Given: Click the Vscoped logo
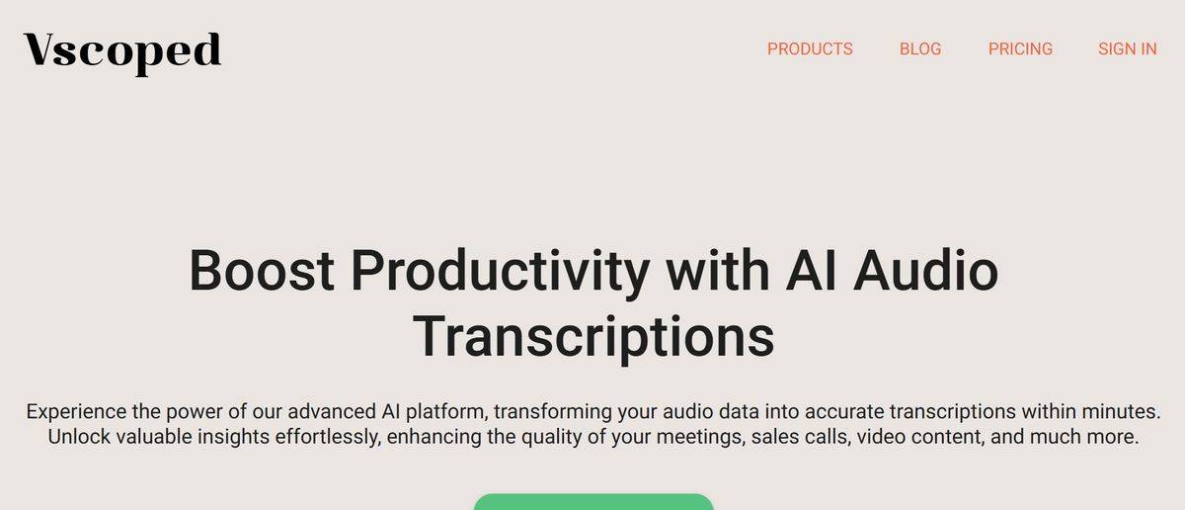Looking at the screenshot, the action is point(122,53).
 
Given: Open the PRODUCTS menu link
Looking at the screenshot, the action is point(810,48).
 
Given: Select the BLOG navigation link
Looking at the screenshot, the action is point(920,48).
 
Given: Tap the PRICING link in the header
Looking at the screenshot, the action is point(1020,48).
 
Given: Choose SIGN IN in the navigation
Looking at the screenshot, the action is point(1128,48).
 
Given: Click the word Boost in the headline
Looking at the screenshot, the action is point(262,270).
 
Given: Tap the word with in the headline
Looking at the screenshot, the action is point(717,270).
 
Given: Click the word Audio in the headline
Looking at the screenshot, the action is point(926,270).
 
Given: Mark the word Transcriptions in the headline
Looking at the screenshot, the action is point(593,339).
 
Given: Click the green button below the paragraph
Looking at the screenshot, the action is point(593,502).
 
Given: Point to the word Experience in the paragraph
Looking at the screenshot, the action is point(76,412).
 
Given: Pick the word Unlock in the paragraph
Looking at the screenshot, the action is point(79,437).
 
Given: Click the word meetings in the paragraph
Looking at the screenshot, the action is point(700,438).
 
